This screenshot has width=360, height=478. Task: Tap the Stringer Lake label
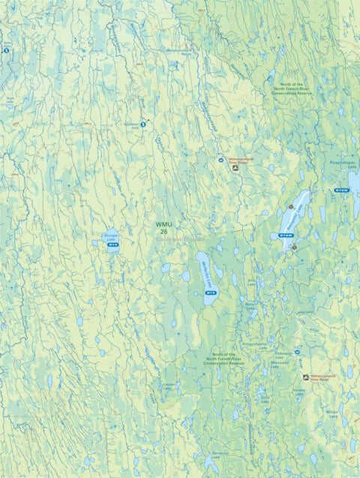[110, 239]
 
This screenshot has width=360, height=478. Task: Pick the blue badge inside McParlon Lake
[210, 293]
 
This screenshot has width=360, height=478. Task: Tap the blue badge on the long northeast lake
[286, 235]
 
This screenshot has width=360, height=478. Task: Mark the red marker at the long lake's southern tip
[295, 247]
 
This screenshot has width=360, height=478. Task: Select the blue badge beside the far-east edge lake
[341, 191]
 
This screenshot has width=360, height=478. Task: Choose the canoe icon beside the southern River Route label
[305, 377]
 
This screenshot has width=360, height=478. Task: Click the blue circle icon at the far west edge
[6, 51]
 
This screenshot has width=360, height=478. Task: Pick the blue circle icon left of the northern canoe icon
[220, 159]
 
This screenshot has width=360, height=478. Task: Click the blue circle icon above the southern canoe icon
[298, 351]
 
